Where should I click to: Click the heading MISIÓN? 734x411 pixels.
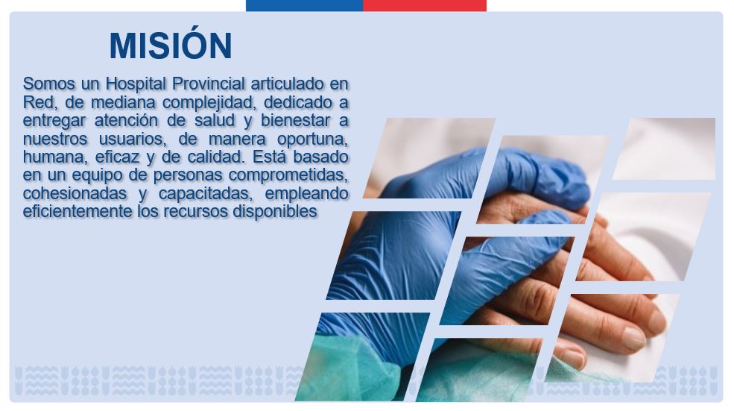(171, 45)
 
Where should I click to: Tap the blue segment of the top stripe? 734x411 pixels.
(304, 6)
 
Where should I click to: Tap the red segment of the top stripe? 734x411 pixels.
(425, 6)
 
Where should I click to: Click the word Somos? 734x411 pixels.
(48, 84)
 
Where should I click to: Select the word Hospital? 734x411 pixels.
(136, 84)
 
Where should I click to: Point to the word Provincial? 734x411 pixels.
(209, 84)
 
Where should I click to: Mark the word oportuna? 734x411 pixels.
(313, 139)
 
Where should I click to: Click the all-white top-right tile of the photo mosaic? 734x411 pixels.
(665, 148)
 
